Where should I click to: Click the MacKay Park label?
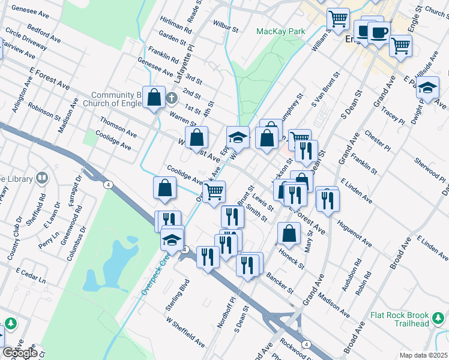pos(281,31)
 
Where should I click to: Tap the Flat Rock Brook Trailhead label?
pos(399,319)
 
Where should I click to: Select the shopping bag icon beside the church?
pos(154,98)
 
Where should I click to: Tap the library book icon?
pos(42,178)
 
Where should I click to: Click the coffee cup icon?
pos(378,32)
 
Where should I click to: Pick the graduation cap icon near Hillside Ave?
pos(427,89)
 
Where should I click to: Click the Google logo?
pos(19,353)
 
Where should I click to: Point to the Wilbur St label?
pos(226,26)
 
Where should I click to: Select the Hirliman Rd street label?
pos(175,24)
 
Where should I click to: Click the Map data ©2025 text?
pos(423,355)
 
